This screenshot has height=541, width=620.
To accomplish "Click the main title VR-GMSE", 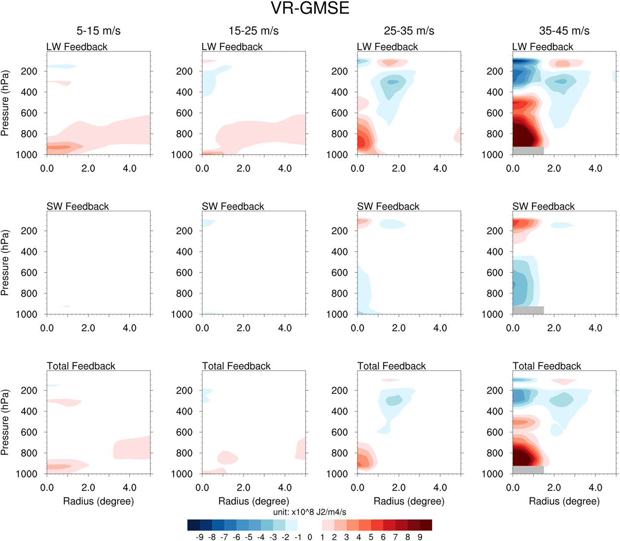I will point(310,9).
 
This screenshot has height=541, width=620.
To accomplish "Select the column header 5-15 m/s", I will point(99,31).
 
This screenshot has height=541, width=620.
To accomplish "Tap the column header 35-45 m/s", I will point(564,31).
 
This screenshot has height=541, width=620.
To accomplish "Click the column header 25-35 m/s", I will point(409,31).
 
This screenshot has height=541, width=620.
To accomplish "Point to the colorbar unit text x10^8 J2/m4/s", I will point(310,512).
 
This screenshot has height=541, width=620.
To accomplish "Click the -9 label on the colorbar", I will point(200,537).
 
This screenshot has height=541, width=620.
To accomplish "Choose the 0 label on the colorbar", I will point(310,537).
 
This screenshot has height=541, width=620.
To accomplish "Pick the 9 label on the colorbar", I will point(420,537).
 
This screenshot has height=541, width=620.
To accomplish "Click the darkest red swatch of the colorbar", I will point(426,525).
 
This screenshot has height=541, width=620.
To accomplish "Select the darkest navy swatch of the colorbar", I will point(194,525).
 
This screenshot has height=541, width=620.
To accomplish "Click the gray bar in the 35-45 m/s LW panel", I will point(528,151).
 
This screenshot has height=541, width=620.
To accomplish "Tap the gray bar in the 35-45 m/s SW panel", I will point(528,310).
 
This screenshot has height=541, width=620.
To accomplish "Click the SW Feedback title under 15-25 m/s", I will point(233,206).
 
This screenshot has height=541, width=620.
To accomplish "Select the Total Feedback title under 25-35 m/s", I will point(392,366).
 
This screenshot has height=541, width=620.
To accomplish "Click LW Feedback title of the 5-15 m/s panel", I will point(77,47).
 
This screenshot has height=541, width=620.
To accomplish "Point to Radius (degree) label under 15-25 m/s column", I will point(254,501).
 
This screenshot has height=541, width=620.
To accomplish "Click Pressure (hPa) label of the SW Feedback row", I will point(5,263).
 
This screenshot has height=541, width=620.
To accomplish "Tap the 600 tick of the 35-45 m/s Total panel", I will point(495,432).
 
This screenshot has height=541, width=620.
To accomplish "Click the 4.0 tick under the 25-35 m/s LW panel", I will point(440,168).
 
